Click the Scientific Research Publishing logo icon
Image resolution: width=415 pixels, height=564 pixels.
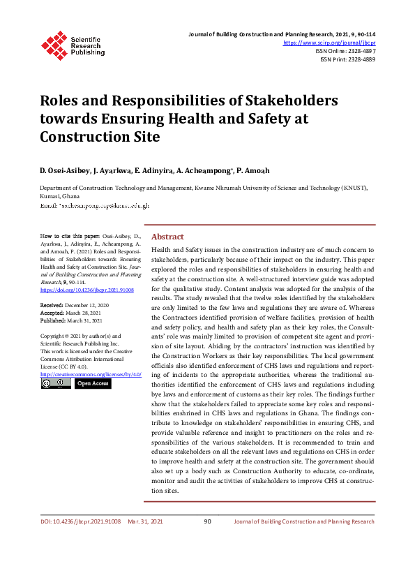(54, 43)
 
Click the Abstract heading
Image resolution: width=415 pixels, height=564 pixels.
(167, 237)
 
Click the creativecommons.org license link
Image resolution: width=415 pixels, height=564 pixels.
(91, 374)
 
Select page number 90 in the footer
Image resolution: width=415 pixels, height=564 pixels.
(207, 521)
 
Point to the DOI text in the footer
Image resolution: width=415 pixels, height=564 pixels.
(80, 521)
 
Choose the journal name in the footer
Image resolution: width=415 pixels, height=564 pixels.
(304, 521)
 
